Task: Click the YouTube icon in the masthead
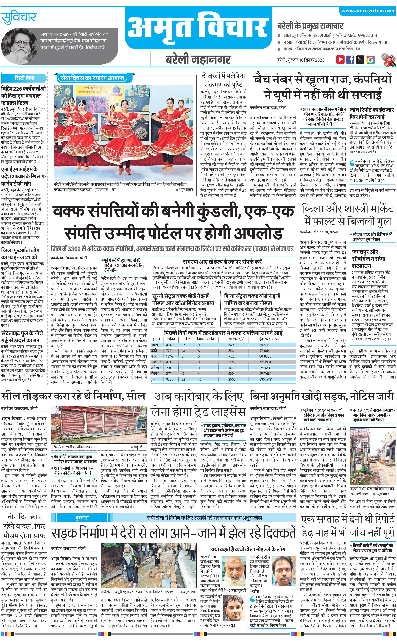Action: tap(340, 59)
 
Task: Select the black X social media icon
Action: tap(360, 60)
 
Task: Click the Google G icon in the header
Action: tap(370, 60)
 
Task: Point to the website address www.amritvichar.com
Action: tap(368, 11)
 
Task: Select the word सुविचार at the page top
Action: tap(19, 17)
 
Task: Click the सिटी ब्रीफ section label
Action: tap(24, 78)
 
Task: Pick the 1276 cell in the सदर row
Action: tap(169, 356)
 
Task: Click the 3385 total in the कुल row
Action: tap(169, 379)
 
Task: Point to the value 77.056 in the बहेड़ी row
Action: tap(264, 351)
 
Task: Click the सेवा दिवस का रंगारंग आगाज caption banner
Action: tap(92, 78)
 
